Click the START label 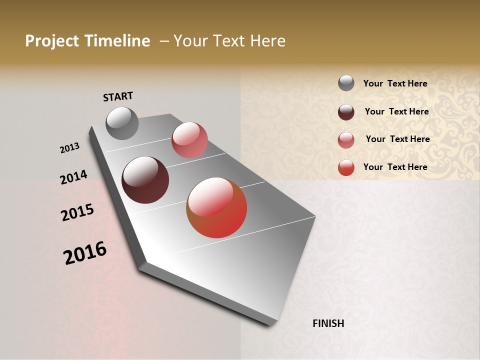click(118, 96)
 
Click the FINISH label click(328, 323)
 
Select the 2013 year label click(70, 148)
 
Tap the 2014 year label click(73, 177)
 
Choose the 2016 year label click(85, 253)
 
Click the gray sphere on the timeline click(122, 123)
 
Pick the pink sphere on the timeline click(189, 140)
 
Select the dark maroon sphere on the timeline click(145, 180)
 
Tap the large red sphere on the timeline click(216, 207)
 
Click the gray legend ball click(346, 83)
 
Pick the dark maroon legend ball click(346, 112)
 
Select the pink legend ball click(346, 140)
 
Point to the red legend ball click(346, 167)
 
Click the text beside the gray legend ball click(395, 84)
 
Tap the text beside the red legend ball click(395, 167)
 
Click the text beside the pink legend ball click(397, 139)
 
